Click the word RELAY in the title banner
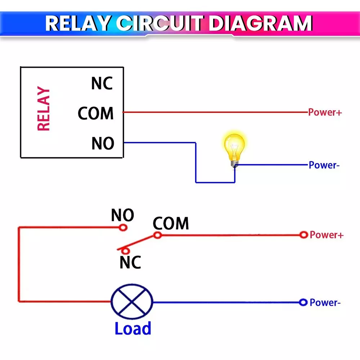77,23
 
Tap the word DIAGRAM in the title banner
260,23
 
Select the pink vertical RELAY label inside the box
44,109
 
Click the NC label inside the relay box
102,84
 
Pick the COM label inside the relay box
96,113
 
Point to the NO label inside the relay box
103,144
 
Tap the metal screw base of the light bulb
235,163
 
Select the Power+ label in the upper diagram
325,112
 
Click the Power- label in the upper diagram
324,165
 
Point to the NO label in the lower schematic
122,215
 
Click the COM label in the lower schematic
171,224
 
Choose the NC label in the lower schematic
130,262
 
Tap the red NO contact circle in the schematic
123,228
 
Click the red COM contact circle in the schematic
157,235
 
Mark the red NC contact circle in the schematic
125,251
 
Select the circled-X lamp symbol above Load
132,302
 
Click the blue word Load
133,329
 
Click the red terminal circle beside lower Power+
303,235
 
